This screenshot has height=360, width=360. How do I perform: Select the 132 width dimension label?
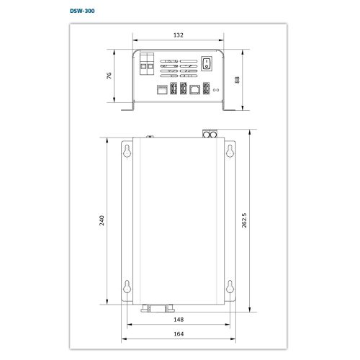tap(179, 34)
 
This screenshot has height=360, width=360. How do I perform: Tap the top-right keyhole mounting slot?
tap(230, 150)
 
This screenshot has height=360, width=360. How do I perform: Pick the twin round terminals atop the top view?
tap(211, 134)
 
